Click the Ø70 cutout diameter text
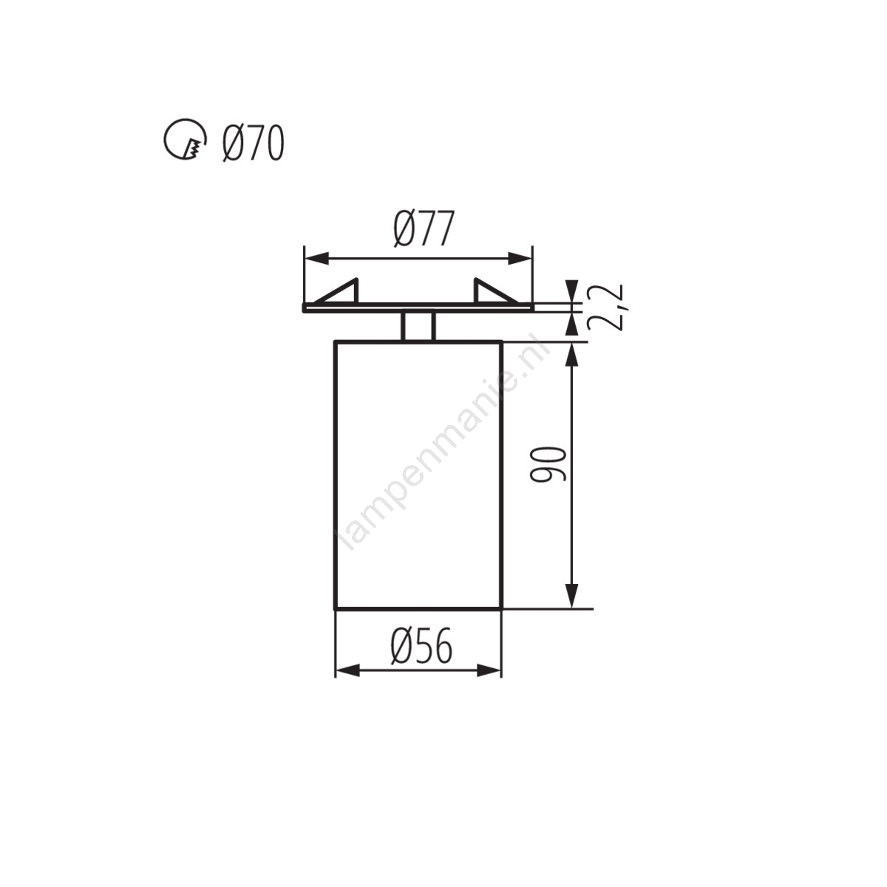coord(253,143)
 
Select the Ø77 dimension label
coord(424,228)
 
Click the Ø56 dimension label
coord(421,646)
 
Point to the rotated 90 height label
coord(548,464)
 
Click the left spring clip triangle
coord(336,292)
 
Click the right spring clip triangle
coord(496,292)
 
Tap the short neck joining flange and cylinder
coord(418,327)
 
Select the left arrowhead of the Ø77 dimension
coord(316,258)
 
